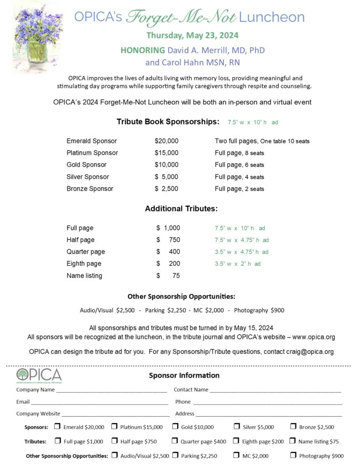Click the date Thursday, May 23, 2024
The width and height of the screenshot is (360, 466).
(192, 35)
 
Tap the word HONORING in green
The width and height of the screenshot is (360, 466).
(142, 50)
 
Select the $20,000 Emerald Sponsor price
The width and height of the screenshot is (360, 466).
(166, 141)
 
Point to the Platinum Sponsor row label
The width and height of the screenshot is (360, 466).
(92, 153)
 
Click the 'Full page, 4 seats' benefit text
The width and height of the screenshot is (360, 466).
(239, 177)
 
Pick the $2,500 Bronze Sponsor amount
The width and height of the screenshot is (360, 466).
(166, 189)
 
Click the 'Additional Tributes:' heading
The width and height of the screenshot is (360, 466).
(181, 209)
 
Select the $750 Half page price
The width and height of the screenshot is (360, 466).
(168, 240)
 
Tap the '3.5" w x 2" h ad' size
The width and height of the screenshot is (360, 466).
(237, 263)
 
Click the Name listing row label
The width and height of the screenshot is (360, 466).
(84, 276)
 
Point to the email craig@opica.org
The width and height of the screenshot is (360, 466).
(310, 352)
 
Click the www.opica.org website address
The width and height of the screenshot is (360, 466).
(314, 337)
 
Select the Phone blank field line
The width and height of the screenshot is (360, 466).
(267, 402)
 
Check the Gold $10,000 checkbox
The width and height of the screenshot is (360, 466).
(175, 427)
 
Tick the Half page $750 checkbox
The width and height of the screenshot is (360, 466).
(114, 441)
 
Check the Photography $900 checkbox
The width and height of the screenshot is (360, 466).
(293, 455)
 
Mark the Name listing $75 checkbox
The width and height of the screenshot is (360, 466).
(292, 441)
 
